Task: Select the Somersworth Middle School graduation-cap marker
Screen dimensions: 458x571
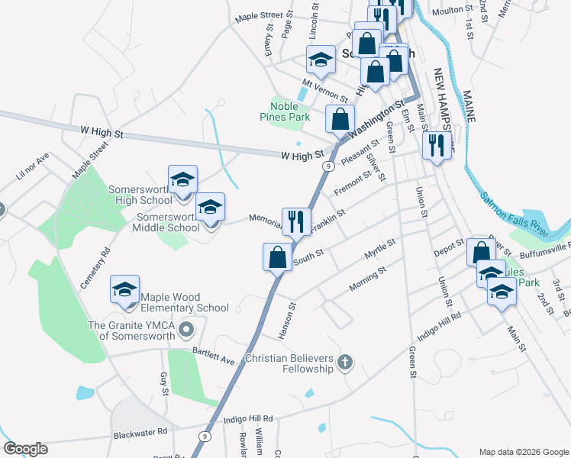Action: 211,208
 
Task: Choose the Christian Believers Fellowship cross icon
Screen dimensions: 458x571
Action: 345,362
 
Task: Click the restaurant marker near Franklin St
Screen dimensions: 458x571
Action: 296,221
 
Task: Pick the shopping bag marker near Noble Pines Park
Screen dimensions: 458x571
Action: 340,120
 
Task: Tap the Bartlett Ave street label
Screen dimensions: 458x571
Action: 213,356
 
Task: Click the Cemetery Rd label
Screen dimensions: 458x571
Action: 95,267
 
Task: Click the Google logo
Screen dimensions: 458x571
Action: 24,449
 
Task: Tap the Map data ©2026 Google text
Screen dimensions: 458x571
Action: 524,451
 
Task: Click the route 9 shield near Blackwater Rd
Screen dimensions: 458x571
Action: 204,435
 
